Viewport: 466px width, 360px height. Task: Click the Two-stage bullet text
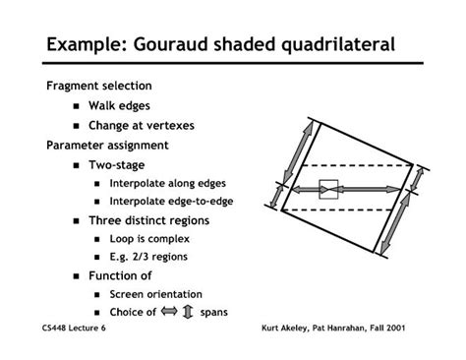(x=116, y=164)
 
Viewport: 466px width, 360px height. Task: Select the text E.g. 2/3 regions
(x=148, y=257)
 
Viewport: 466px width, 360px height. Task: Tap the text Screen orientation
(x=155, y=294)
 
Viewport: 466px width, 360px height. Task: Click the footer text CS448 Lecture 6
(x=77, y=329)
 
